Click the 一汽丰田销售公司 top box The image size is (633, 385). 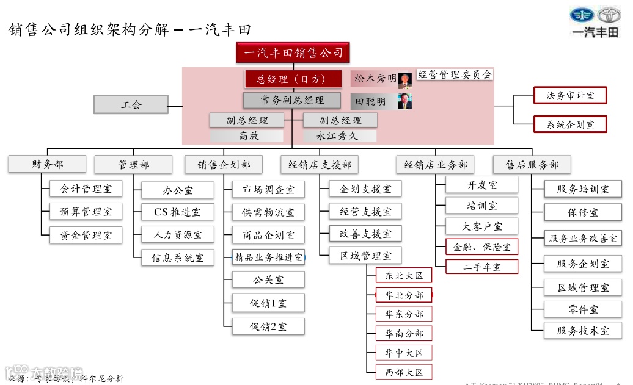click(x=293, y=53)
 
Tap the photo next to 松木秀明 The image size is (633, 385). click(x=404, y=80)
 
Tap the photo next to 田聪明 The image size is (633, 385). click(x=404, y=101)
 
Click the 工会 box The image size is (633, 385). click(x=131, y=104)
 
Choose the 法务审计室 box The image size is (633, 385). click(x=569, y=95)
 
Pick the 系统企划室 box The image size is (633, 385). click(x=569, y=124)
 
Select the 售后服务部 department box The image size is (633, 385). click(x=532, y=165)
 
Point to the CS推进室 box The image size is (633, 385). click(x=178, y=212)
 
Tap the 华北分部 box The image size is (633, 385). click(x=403, y=295)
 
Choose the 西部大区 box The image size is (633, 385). click(x=403, y=372)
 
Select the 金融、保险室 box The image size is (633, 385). click(x=481, y=247)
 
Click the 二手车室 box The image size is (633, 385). click(x=481, y=267)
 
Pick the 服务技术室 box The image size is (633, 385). click(x=582, y=331)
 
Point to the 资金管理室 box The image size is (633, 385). click(x=86, y=235)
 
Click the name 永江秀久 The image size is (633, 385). click(x=340, y=136)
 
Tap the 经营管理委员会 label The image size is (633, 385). click(x=455, y=75)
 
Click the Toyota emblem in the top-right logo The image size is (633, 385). click(x=608, y=15)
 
